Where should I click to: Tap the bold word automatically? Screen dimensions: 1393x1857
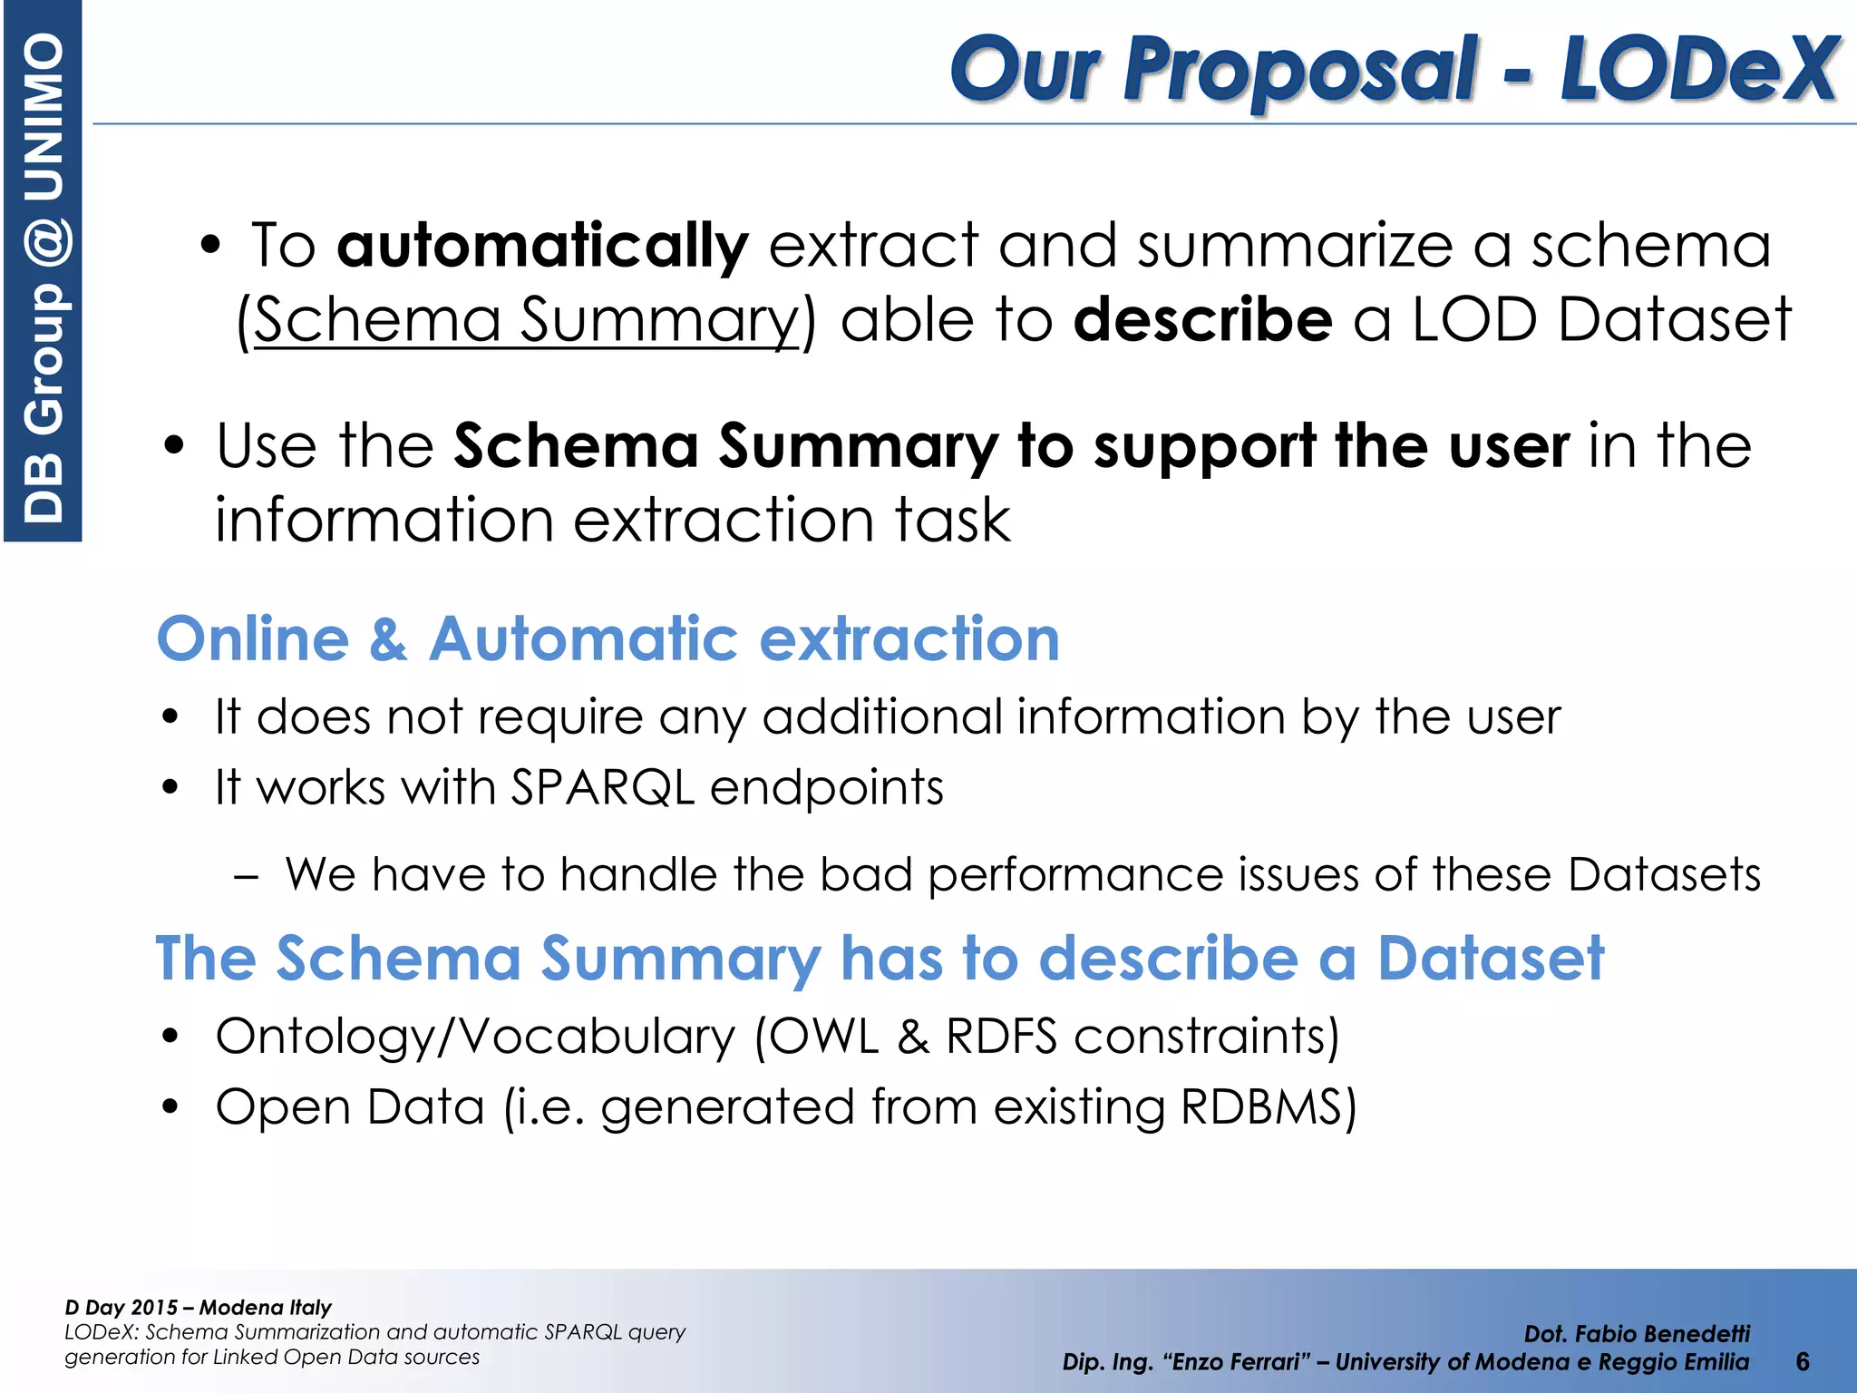542,246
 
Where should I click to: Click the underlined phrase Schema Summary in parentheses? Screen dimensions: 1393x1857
525,320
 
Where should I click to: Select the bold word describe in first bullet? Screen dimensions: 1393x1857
1202,320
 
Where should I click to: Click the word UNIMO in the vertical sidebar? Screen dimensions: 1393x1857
44,116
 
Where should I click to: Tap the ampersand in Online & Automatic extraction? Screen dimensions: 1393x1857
388,639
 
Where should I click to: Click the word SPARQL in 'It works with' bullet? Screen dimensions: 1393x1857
602,787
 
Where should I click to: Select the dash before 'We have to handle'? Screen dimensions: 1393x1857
246,877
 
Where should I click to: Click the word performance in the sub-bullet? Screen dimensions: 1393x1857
1074,875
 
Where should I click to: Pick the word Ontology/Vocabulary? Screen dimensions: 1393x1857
475,1037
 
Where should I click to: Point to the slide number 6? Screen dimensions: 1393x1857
1802,1361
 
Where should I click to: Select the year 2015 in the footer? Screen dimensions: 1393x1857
155,1308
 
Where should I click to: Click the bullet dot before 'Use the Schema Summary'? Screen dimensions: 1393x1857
172,446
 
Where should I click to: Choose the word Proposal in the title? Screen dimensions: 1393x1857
1299,69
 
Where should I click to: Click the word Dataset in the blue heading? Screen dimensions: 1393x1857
1491,959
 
